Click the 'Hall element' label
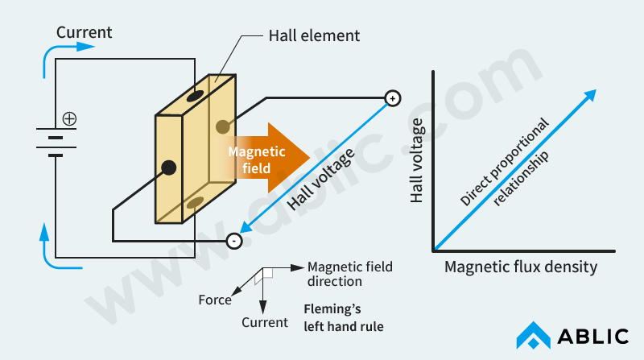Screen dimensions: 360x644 pos(313,35)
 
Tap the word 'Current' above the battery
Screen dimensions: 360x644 pos(84,33)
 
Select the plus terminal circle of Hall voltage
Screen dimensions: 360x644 pos(392,98)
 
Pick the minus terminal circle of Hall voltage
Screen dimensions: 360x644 pos(233,240)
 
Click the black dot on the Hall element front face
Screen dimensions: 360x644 pos(168,168)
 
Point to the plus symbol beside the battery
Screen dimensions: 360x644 pos(70,118)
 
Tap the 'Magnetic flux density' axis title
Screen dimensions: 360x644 pos(521,267)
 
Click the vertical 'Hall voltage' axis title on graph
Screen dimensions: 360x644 pos(417,161)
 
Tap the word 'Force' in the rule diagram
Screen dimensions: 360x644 pos(215,300)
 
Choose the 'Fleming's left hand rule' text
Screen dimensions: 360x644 pos(343,317)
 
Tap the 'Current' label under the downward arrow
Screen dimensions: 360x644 pos(265,322)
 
